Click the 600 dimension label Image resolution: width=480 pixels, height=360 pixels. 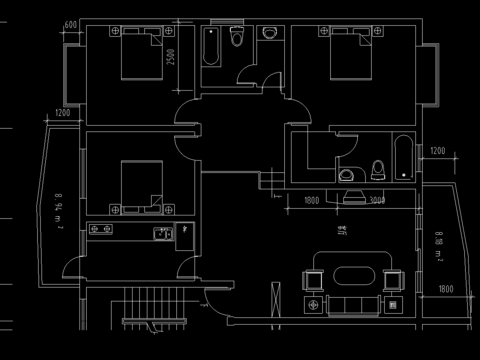[x=70, y=24]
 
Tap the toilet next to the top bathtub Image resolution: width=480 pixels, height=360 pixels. [x=237, y=38]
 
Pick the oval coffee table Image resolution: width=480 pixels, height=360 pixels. [x=350, y=278]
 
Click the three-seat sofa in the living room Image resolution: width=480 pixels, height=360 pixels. [x=350, y=304]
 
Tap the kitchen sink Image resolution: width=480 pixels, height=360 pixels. [x=161, y=233]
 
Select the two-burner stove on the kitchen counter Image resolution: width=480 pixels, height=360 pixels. [x=101, y=231]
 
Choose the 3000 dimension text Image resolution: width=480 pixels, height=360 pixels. [x=377, y=200]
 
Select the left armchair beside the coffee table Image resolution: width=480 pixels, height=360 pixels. [x=314, y=278]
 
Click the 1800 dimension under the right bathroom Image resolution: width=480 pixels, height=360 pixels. [x=310, y=200]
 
